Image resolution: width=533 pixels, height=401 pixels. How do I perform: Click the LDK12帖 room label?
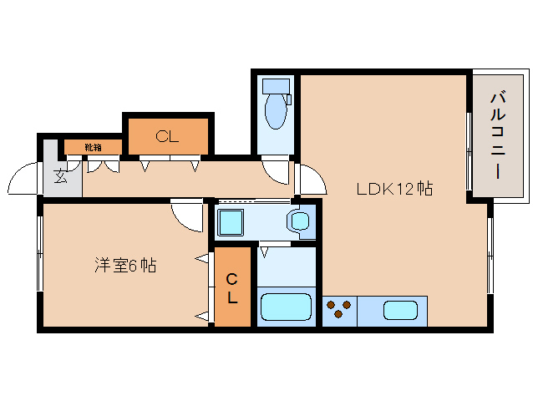[x=394, y=189]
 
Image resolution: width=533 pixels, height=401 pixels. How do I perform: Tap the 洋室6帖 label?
[x=126, y=266]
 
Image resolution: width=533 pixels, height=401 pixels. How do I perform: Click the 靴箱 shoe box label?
[x=93, y=148]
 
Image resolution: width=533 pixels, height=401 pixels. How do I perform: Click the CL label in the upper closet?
[x=167, y=137]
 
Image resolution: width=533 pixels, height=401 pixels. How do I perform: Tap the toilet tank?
[x=276, y=86]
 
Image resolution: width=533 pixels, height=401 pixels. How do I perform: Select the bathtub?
[x=286, y=307]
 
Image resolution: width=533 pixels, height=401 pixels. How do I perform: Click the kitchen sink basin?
[x=400, y=310]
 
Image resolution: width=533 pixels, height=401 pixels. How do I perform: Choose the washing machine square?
[x=231, y=222]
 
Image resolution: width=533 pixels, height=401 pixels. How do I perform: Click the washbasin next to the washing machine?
[x=300, y=221]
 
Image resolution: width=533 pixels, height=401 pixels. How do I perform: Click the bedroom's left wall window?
[x=40, y=253]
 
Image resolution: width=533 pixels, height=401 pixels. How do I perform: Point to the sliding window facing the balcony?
[x=469, y=151]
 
